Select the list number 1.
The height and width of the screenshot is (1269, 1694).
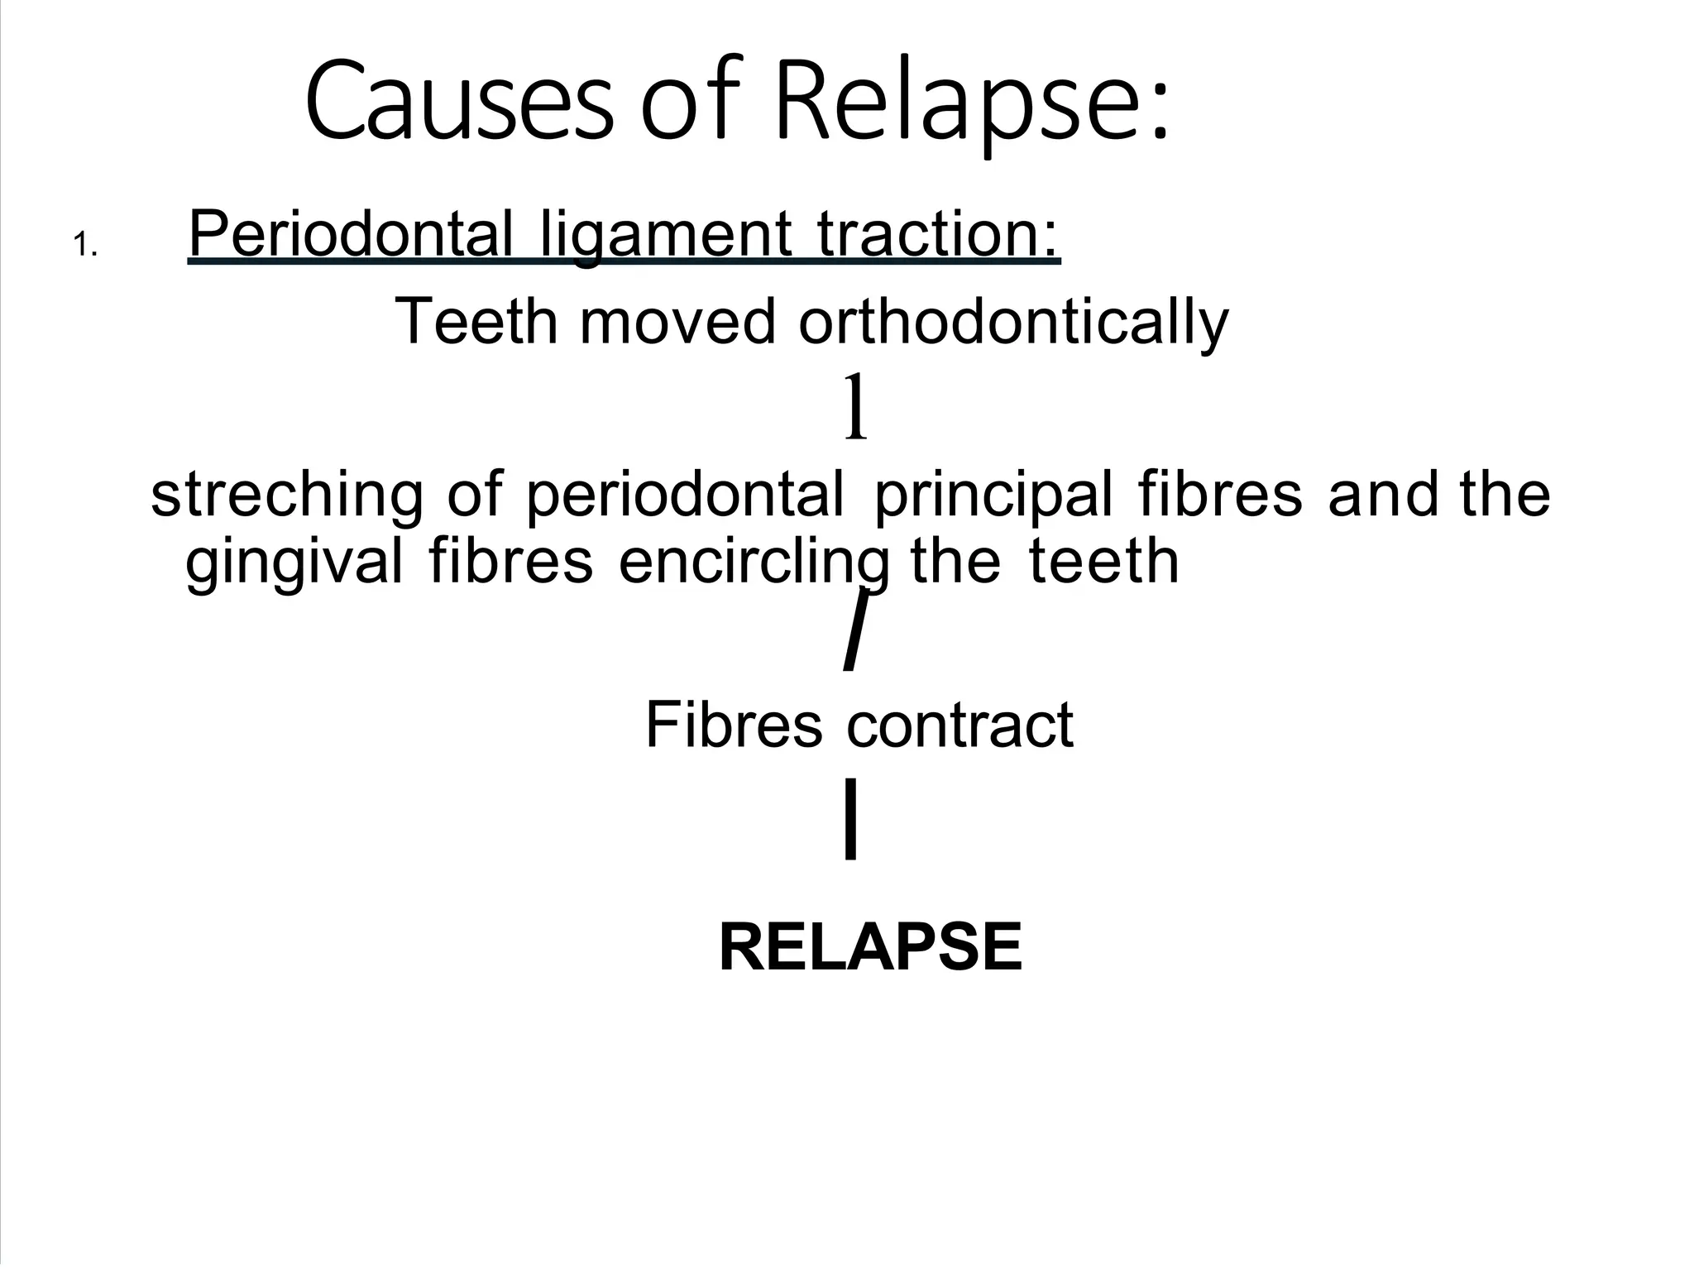85,246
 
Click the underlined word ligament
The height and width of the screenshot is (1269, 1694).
666,235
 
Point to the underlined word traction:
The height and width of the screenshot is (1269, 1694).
939,235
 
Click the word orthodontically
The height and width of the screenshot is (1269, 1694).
1013,323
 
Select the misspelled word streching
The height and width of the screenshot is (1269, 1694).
286,495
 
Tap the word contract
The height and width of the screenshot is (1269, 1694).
959,725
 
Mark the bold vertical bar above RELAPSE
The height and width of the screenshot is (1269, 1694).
850,819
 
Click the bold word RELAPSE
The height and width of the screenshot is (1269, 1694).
870,947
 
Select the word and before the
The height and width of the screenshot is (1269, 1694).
1383,495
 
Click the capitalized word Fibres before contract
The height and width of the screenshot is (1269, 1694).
733,725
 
